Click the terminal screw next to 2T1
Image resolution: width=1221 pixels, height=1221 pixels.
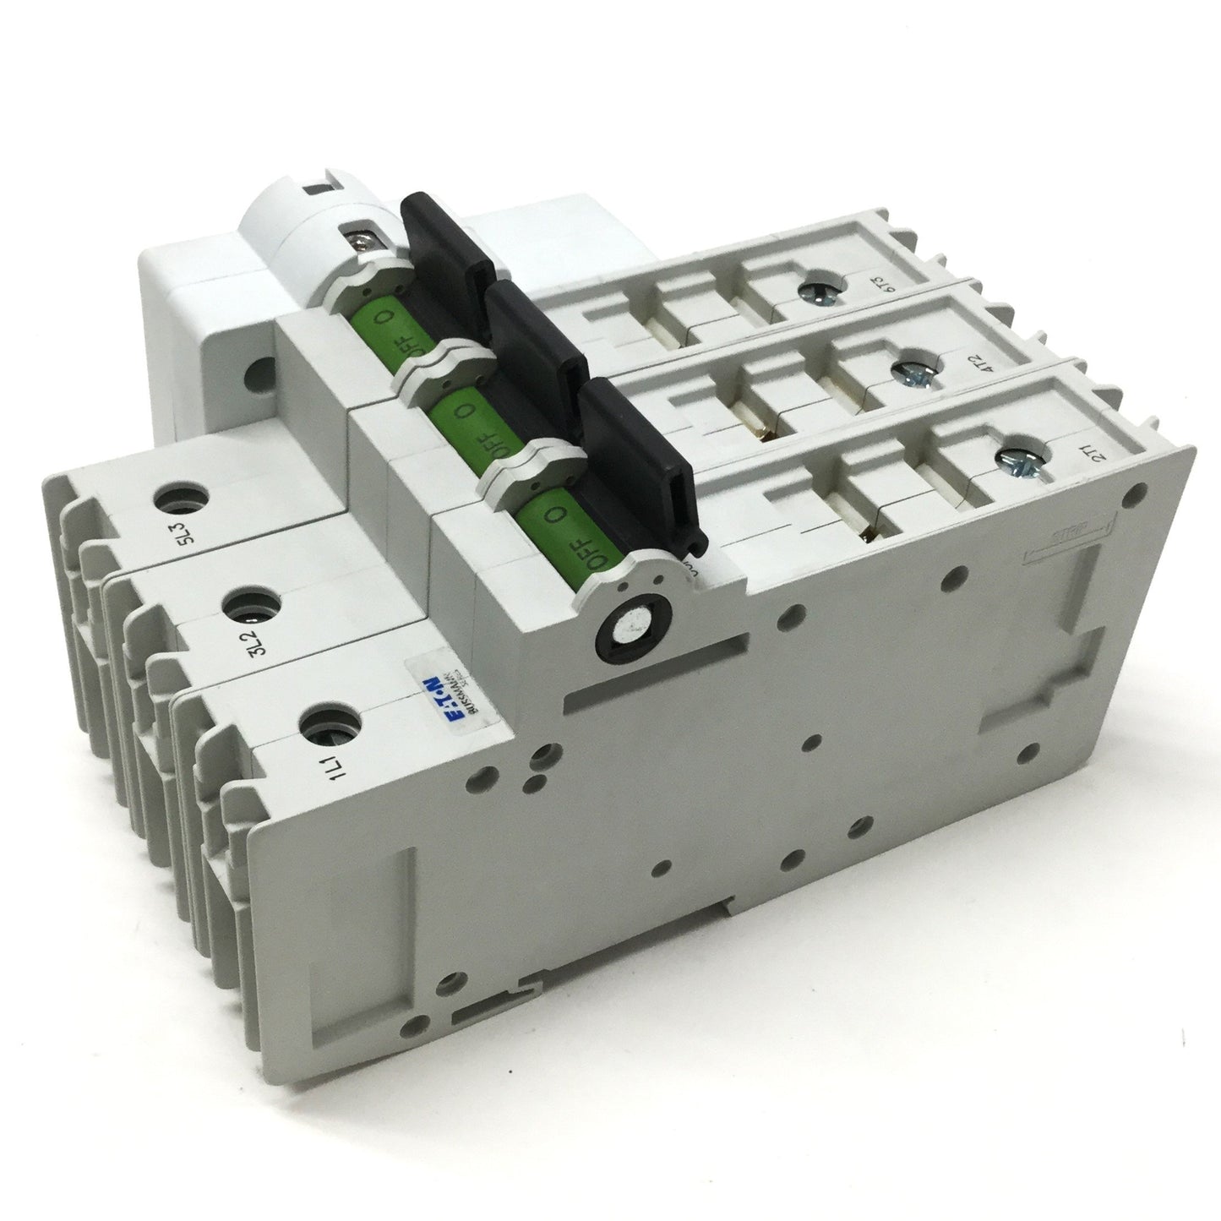pos(1013,458)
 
